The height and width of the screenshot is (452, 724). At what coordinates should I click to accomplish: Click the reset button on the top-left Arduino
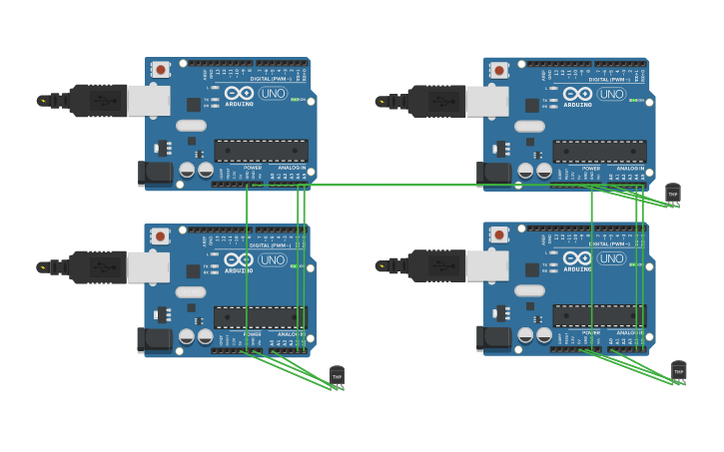(x=161, y=70)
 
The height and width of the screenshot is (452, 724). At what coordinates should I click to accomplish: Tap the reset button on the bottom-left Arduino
(x=160, y=236)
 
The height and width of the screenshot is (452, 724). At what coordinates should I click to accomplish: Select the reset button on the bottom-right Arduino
(x=499, y=236)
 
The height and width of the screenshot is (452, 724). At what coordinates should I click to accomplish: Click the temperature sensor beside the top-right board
(x=672, y=193)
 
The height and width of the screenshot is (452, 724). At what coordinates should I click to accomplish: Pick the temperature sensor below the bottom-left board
(x=337, y=376)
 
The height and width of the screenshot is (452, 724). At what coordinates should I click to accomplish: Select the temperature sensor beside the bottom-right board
(x=678, y=371)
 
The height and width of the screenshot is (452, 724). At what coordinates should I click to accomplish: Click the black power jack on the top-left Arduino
(x=154, y=172)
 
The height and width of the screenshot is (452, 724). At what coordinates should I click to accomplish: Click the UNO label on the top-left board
(x=273, y=94)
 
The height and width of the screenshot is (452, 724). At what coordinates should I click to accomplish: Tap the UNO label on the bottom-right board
(x=611, y=259)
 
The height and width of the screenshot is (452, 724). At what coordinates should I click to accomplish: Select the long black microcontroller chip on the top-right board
(x=599, y=152)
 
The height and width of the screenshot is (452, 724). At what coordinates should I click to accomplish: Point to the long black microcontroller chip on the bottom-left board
(x=261, y=317)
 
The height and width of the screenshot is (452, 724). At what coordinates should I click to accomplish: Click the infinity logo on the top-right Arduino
(x=577, y=94)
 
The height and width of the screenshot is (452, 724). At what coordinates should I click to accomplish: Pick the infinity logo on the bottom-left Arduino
(x=239, y=259)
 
